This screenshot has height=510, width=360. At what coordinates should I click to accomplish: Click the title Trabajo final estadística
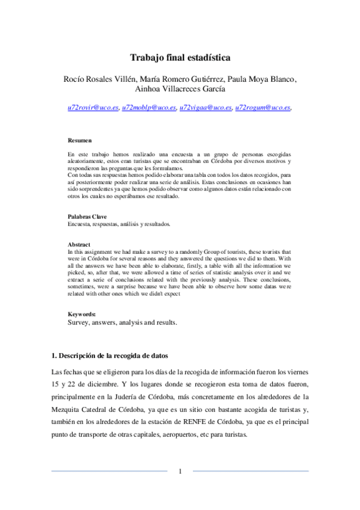[x=180, y=58]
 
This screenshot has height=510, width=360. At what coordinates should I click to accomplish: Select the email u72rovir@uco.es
[x=93, y=108]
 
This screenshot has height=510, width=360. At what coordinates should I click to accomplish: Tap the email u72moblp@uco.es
[x=148, y=108]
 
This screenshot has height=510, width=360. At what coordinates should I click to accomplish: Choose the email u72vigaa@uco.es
[x=205, y=108]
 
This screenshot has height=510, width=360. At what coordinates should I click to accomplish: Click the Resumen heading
[x=79, y=141]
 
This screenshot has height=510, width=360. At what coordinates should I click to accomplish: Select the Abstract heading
[x=79, y=245]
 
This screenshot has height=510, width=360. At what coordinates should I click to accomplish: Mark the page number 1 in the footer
[x=180, y=471]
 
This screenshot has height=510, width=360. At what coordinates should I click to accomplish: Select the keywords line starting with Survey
[x=122, y=322]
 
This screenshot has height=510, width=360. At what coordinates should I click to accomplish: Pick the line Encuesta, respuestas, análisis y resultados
[x=118, y=223]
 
